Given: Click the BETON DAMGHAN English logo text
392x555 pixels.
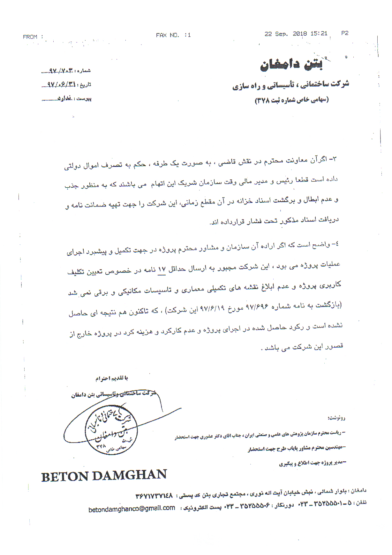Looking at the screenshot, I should click(x=104, y=476).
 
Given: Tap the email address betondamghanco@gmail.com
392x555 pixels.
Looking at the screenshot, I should click(x=132, y=509).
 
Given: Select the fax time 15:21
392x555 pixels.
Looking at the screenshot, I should click(x=319, y=33).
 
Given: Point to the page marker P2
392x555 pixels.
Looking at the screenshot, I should click(x=345, y=33).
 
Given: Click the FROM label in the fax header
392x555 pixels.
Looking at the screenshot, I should click(x=31, y=37).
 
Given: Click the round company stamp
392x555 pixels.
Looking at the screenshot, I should click(x=111, y=429).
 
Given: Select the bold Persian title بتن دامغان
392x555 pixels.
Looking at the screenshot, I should click(x=291, y=65).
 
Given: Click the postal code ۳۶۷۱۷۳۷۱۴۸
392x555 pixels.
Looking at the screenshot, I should click(x=154, y=496).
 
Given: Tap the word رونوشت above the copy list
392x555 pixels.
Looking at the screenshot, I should click(x=336, y=418).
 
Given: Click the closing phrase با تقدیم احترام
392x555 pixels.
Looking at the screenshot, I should click(x=112, y=378).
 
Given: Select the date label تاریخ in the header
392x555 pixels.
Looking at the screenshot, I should click(x=86, y=84).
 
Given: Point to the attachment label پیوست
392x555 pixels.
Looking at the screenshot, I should click(x=84, y=98).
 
